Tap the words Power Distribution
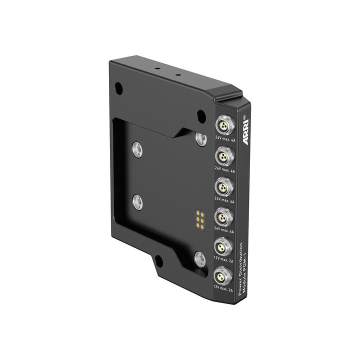[240, 268]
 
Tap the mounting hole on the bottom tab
[158, 260]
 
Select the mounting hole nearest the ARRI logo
[200, 115]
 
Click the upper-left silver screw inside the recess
[136, 148]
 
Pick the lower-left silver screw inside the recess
[137, 201]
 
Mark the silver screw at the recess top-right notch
[200, 138]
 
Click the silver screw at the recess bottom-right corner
[199, 258]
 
